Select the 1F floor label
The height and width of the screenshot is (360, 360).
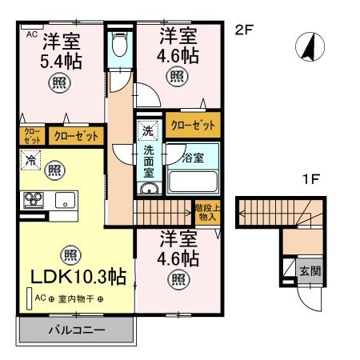311,180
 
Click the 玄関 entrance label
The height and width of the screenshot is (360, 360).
310,271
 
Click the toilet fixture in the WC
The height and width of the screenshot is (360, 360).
121,44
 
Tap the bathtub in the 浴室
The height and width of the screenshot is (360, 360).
191,179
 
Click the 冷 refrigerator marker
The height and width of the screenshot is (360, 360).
29,160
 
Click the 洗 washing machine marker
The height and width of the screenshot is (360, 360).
148,130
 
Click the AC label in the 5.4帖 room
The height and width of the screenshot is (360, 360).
32,36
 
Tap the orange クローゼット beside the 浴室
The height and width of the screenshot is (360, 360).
193,125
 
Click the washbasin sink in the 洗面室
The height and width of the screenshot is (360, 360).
149,190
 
